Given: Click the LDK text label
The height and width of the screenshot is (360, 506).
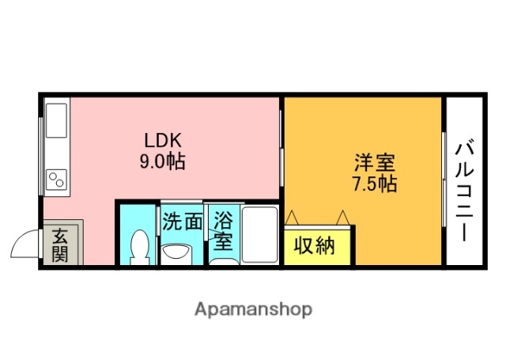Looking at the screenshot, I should pos(164,141).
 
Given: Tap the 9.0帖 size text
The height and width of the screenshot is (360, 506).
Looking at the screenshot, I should pos(164,162).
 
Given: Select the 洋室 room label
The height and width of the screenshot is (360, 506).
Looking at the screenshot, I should pos(374,164).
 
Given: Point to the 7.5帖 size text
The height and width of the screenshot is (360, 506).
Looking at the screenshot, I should pos(374,184).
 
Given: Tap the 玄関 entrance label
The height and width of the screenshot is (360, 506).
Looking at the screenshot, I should pos(60,244).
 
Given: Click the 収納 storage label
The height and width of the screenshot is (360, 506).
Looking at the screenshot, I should pos(315,246).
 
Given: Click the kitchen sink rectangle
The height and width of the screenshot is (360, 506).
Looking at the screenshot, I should pos(56,119).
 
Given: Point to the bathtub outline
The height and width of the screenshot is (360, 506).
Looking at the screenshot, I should pos(258,235).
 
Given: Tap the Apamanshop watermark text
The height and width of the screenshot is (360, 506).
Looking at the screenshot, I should pos(253,309).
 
